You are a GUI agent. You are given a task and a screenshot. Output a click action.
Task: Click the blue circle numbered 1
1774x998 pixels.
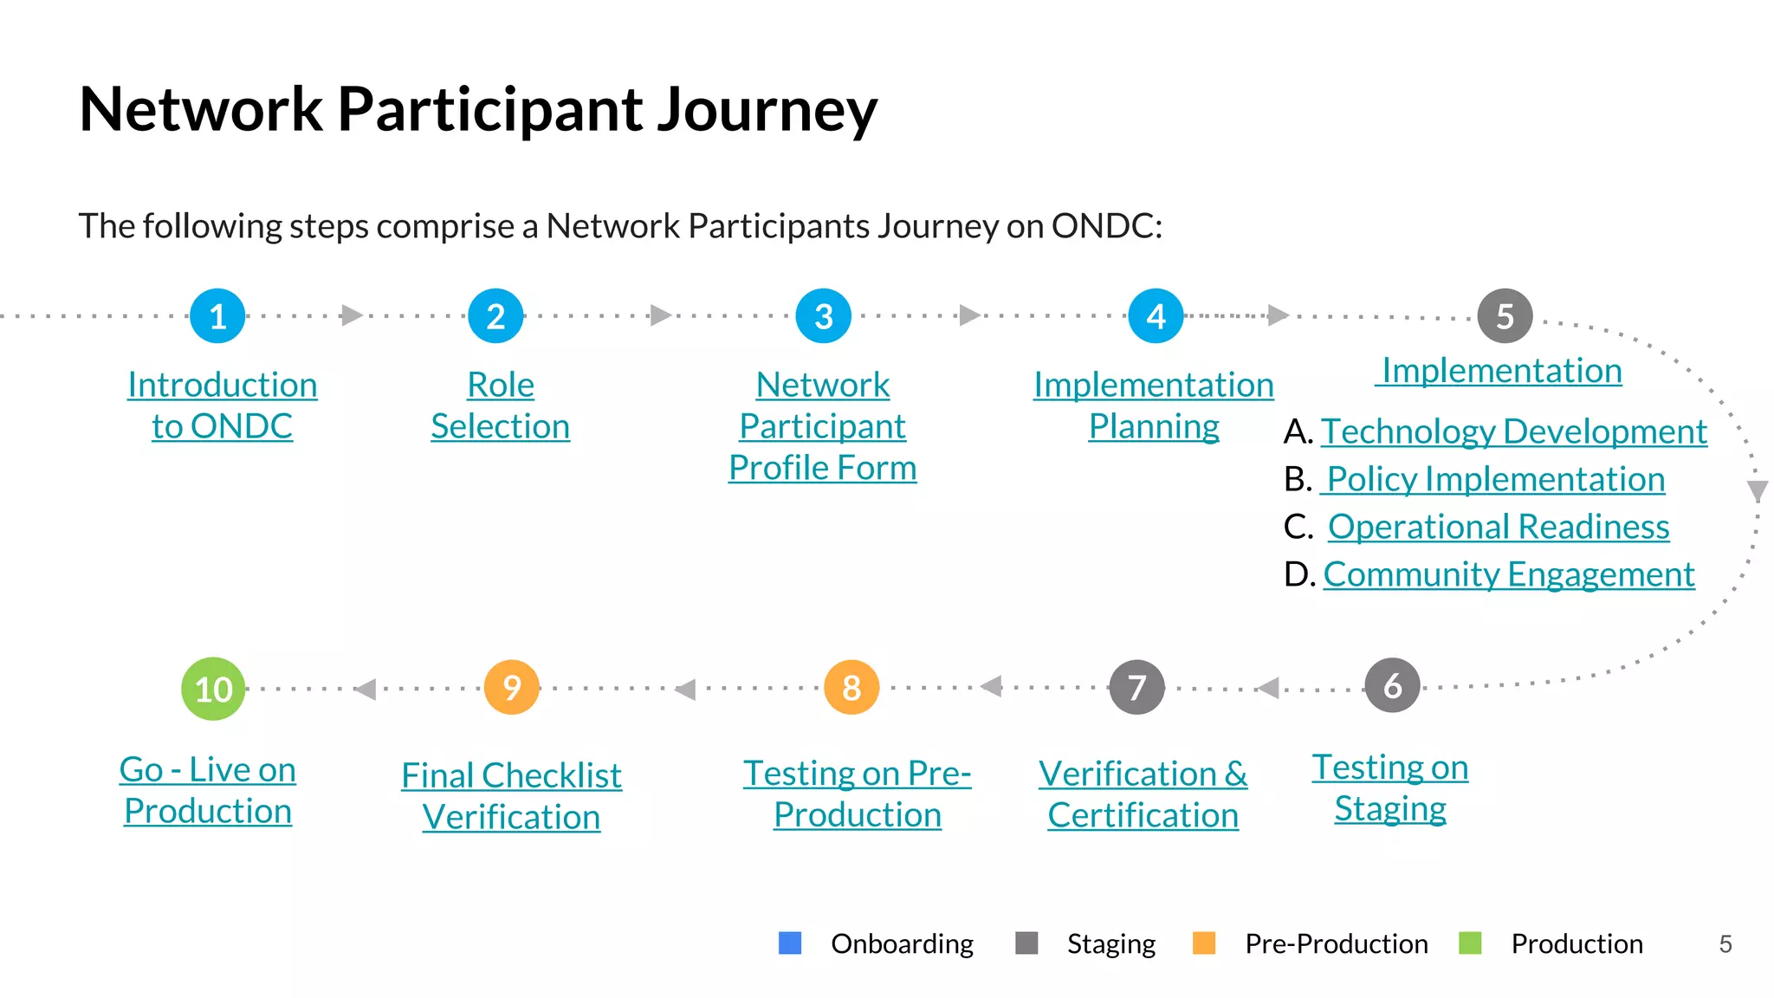pos(217,316)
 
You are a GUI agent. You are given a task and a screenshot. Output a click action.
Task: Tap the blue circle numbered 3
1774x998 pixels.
pos(823,316)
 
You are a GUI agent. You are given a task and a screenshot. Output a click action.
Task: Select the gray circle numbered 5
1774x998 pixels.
pos(1505,316)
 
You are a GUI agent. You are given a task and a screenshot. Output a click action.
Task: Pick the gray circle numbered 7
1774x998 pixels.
pos(1136,688)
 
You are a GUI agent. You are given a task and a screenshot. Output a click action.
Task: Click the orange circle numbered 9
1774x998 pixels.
pos(512,688)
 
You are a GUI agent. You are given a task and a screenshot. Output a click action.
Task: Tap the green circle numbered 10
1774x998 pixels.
pos(213,689)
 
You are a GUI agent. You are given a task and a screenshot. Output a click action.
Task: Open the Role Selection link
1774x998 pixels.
pos(500,405)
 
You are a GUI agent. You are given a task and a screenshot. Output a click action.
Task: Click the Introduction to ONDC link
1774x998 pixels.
pos(222,405)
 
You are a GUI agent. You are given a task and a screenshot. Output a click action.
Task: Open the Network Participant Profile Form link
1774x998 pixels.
pos(822,426)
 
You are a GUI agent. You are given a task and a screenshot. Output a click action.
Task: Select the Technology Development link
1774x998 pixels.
pos(1513,431)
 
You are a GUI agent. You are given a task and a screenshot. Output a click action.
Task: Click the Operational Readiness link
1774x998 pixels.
pos(1498,527)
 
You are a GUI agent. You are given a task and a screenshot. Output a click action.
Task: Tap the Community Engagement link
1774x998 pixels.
pos(1508,574)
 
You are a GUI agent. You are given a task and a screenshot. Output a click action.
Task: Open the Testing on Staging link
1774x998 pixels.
pos(1389,787)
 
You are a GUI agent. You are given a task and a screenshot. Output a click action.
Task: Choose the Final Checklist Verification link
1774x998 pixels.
pos(511,796)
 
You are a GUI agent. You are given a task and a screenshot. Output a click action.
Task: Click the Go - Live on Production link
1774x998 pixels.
pos(208,790)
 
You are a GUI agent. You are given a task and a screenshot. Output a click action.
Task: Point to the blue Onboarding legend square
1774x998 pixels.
pos(790,943)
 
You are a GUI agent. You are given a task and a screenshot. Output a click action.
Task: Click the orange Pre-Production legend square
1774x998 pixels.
pos(1204,943)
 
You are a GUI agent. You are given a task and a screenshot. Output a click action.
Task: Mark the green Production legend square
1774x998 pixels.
pos(1470,943)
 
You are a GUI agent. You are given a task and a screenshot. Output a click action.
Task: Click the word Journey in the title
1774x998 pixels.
pos(767,111)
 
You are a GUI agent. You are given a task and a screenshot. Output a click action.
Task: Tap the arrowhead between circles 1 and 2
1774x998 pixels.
pos(351,315)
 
